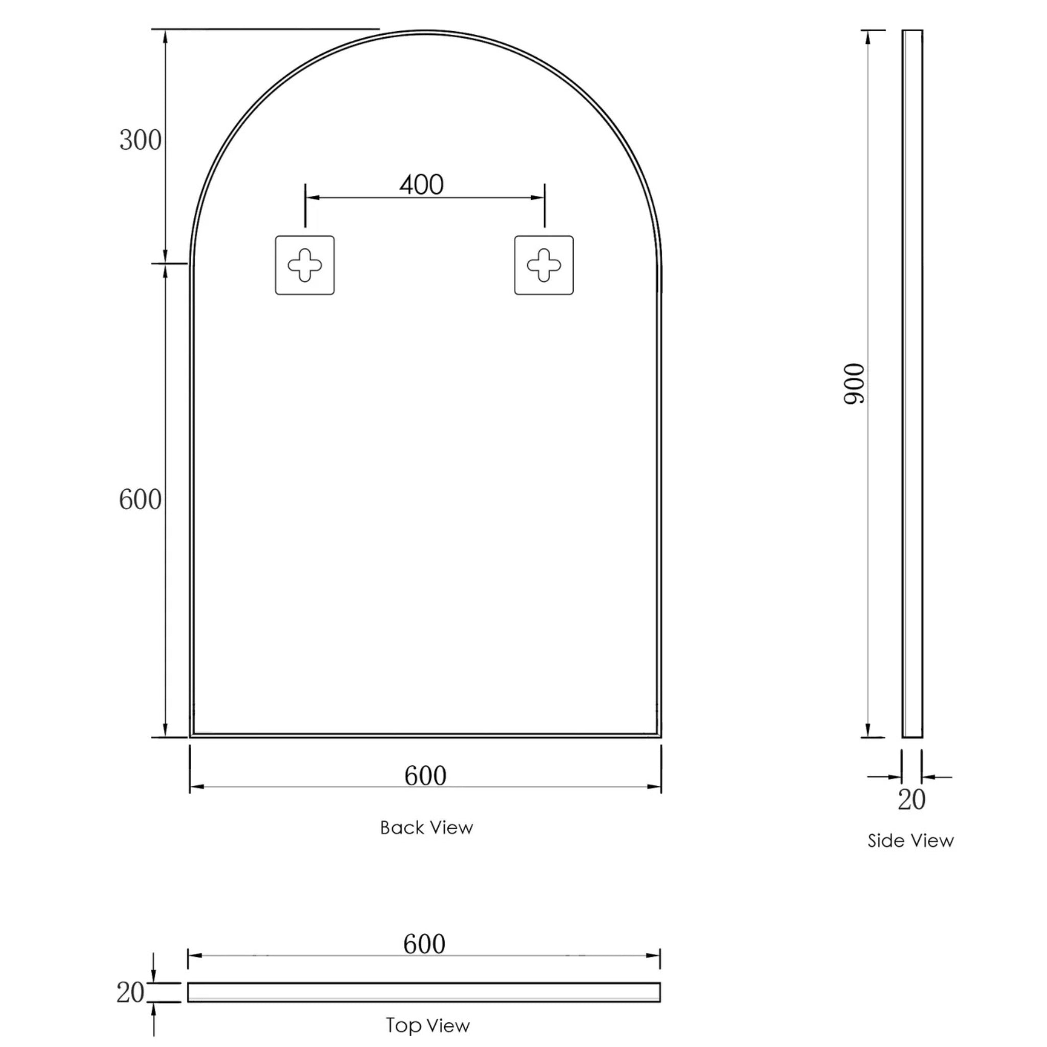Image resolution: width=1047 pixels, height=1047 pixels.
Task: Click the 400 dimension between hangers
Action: (422, 186)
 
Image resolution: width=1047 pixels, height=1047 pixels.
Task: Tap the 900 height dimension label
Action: (855, 384)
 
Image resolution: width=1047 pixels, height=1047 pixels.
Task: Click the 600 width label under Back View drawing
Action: (425, 776)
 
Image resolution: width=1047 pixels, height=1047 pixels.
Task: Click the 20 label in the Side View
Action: (912, 800)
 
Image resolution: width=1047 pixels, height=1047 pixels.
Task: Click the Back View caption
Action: (426, 828)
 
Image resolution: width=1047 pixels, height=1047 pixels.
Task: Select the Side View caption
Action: (911, 840)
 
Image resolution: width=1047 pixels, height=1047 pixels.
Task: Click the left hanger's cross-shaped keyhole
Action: (305, 265)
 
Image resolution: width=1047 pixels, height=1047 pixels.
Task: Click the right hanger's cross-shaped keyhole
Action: (543, 265)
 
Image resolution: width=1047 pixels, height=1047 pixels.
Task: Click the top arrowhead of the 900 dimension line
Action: (868, 37)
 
